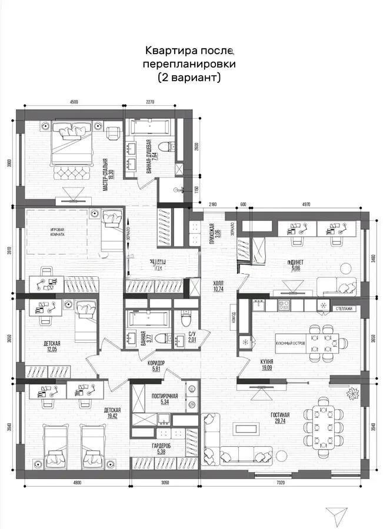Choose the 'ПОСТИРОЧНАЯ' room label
pyautogui.click(x=164, y=396)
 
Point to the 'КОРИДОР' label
pyautogui.click(x=156, y=363)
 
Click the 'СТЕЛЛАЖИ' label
pyautogui.click(x=344, y=307)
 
